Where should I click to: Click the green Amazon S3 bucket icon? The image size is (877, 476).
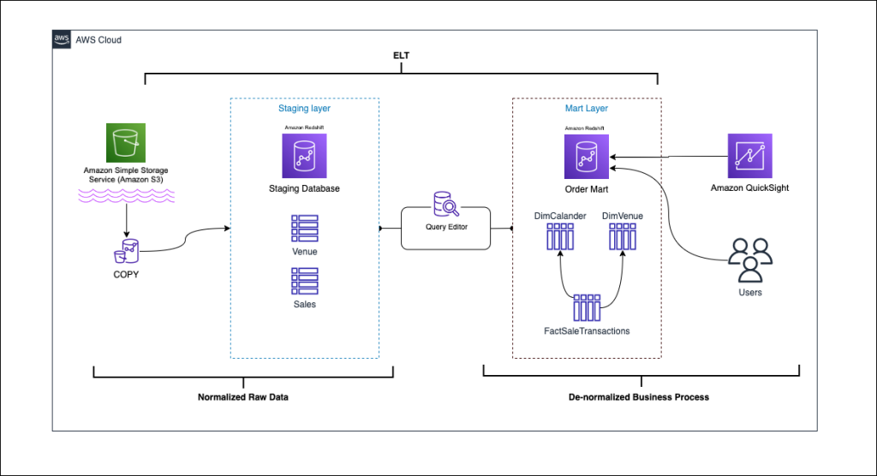(126, 143)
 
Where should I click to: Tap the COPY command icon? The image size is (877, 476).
(127, 251)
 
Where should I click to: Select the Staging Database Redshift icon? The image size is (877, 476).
(304, 156)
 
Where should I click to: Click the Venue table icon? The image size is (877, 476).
(305, 229)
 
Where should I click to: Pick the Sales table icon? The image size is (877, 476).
(305, 281)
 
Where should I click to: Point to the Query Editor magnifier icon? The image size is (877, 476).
(446, 204)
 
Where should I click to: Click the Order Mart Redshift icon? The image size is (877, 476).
(587, 157)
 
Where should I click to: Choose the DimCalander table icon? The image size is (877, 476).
(560, 236)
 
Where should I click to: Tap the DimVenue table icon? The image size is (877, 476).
(623, 236)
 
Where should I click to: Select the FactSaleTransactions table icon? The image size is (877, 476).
(587, 308)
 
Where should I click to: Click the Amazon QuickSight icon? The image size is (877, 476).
(750, 156)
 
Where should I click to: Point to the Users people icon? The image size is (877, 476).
(750, 260)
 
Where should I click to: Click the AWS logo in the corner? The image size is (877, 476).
(62, 39)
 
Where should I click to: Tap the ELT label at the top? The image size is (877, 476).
(401, 56)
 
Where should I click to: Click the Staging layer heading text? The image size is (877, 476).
(304, 109)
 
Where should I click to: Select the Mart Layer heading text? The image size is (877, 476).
(586, 109)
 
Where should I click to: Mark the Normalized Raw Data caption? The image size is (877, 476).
(243, 397)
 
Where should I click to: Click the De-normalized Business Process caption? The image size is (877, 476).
(639, 397)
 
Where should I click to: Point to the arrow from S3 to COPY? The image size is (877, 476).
(127, 220)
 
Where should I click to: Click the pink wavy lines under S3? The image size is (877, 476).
(127, 195)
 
